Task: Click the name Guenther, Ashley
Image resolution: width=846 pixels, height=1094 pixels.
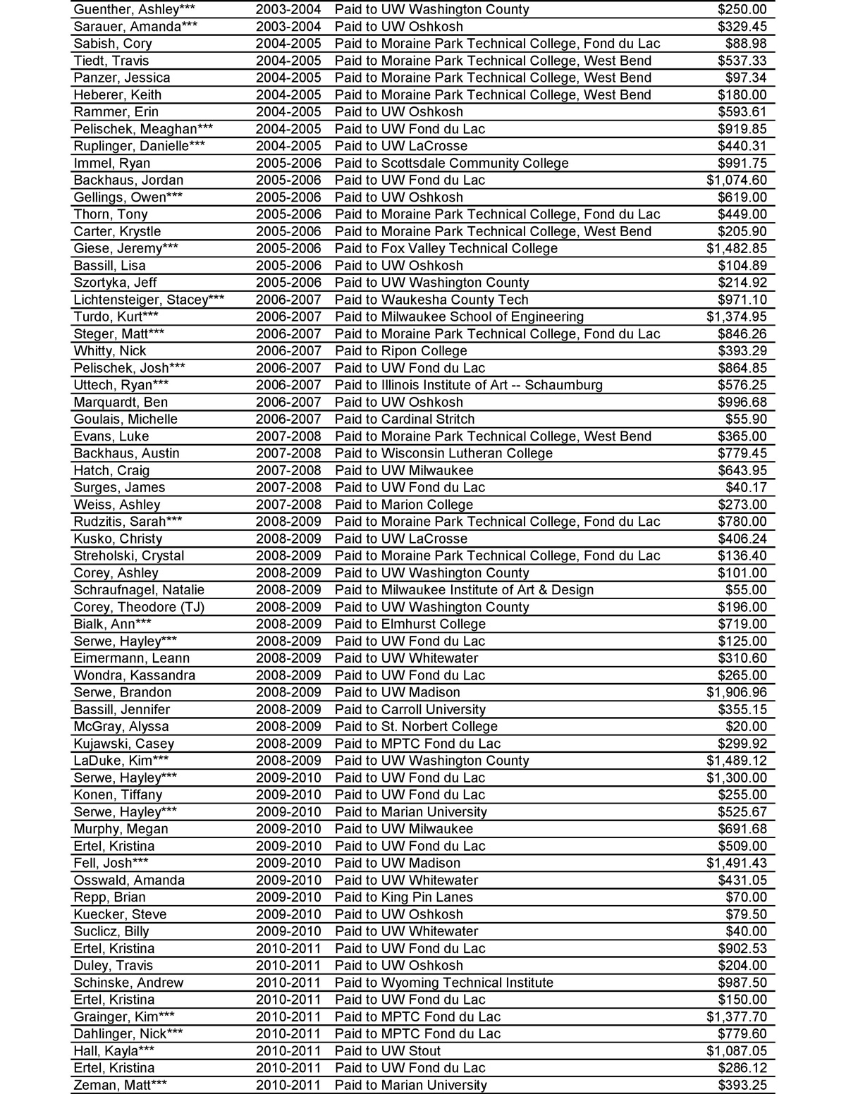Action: click(135, 10)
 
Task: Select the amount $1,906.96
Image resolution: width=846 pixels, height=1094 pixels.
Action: click(737, 692)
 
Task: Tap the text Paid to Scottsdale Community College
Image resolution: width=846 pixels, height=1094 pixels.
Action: click(451, 163)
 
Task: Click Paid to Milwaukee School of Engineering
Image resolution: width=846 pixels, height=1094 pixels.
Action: click(459, 316)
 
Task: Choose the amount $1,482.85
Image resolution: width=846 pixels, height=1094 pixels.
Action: click(737, 248)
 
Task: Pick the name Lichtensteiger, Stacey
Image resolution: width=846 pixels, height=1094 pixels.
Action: click(149, 300)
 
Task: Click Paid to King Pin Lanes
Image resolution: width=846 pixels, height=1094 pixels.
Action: click(403, 897)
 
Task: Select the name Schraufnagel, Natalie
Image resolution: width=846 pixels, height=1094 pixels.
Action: click(139, 590)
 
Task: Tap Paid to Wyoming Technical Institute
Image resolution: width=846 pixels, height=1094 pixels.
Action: click(443, 983)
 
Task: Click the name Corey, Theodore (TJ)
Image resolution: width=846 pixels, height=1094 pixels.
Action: click(139, 607)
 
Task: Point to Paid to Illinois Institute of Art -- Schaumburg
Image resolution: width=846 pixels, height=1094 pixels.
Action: click(468, 385)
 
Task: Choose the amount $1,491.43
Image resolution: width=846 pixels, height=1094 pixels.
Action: click(737, 863)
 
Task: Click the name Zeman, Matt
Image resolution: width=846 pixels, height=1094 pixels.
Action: click(120, 1085)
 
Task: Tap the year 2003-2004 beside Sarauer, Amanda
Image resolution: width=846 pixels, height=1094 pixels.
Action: click(288, 27)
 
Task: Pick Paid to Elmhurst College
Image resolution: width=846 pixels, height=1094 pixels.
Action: click(410, 624)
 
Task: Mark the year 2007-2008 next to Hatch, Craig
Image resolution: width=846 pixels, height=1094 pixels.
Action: click(288, 470)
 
